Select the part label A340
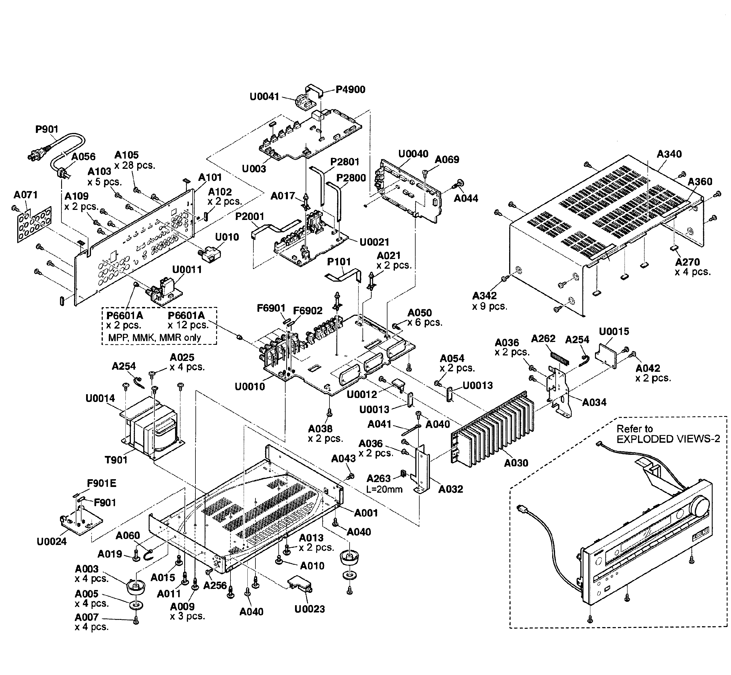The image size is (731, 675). click(669, 154)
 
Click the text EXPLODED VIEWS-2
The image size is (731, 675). click(668, 439)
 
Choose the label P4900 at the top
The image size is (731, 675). click(350, 90)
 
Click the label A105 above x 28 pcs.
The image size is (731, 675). click(126, 155)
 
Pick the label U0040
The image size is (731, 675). click(413, 154)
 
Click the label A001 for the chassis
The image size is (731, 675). click(366, 513)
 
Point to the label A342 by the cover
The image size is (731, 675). click(484, 295)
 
